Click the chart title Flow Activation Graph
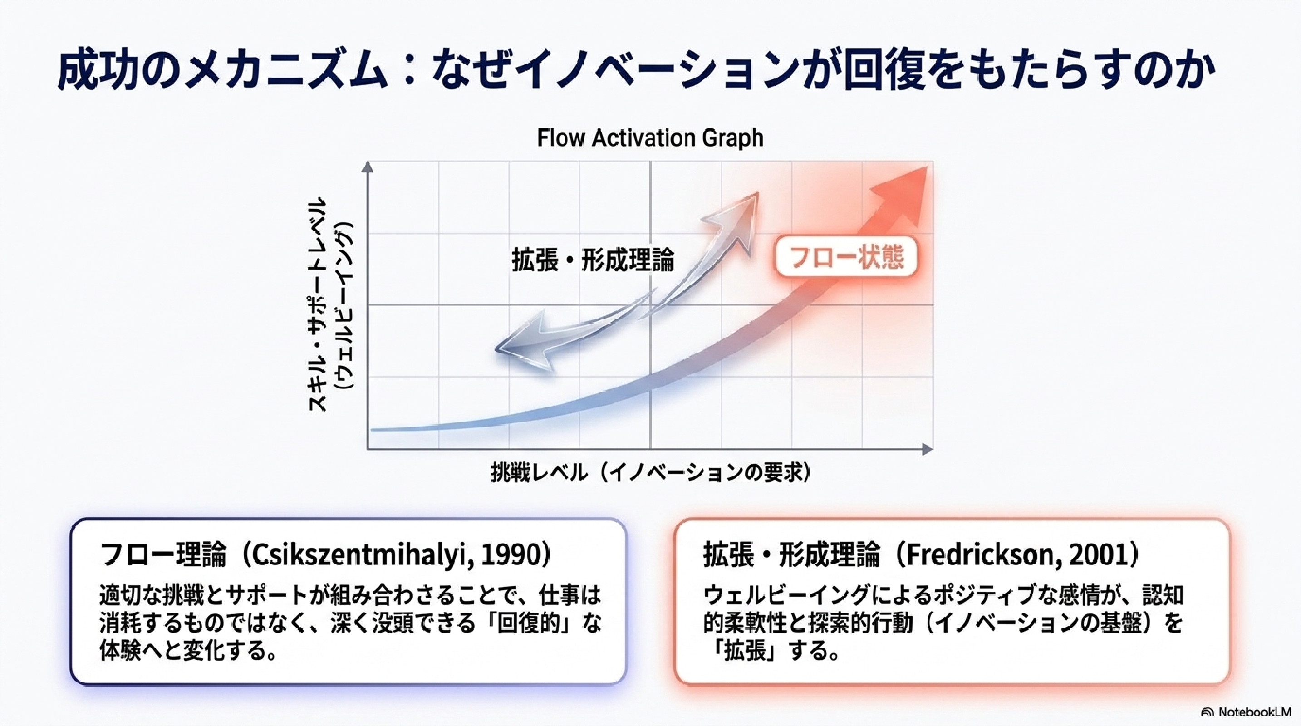point(650,138)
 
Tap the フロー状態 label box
point(846,256)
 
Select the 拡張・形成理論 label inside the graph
point(593,260)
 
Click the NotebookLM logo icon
point(1207,712)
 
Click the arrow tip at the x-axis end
point(931,449)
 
